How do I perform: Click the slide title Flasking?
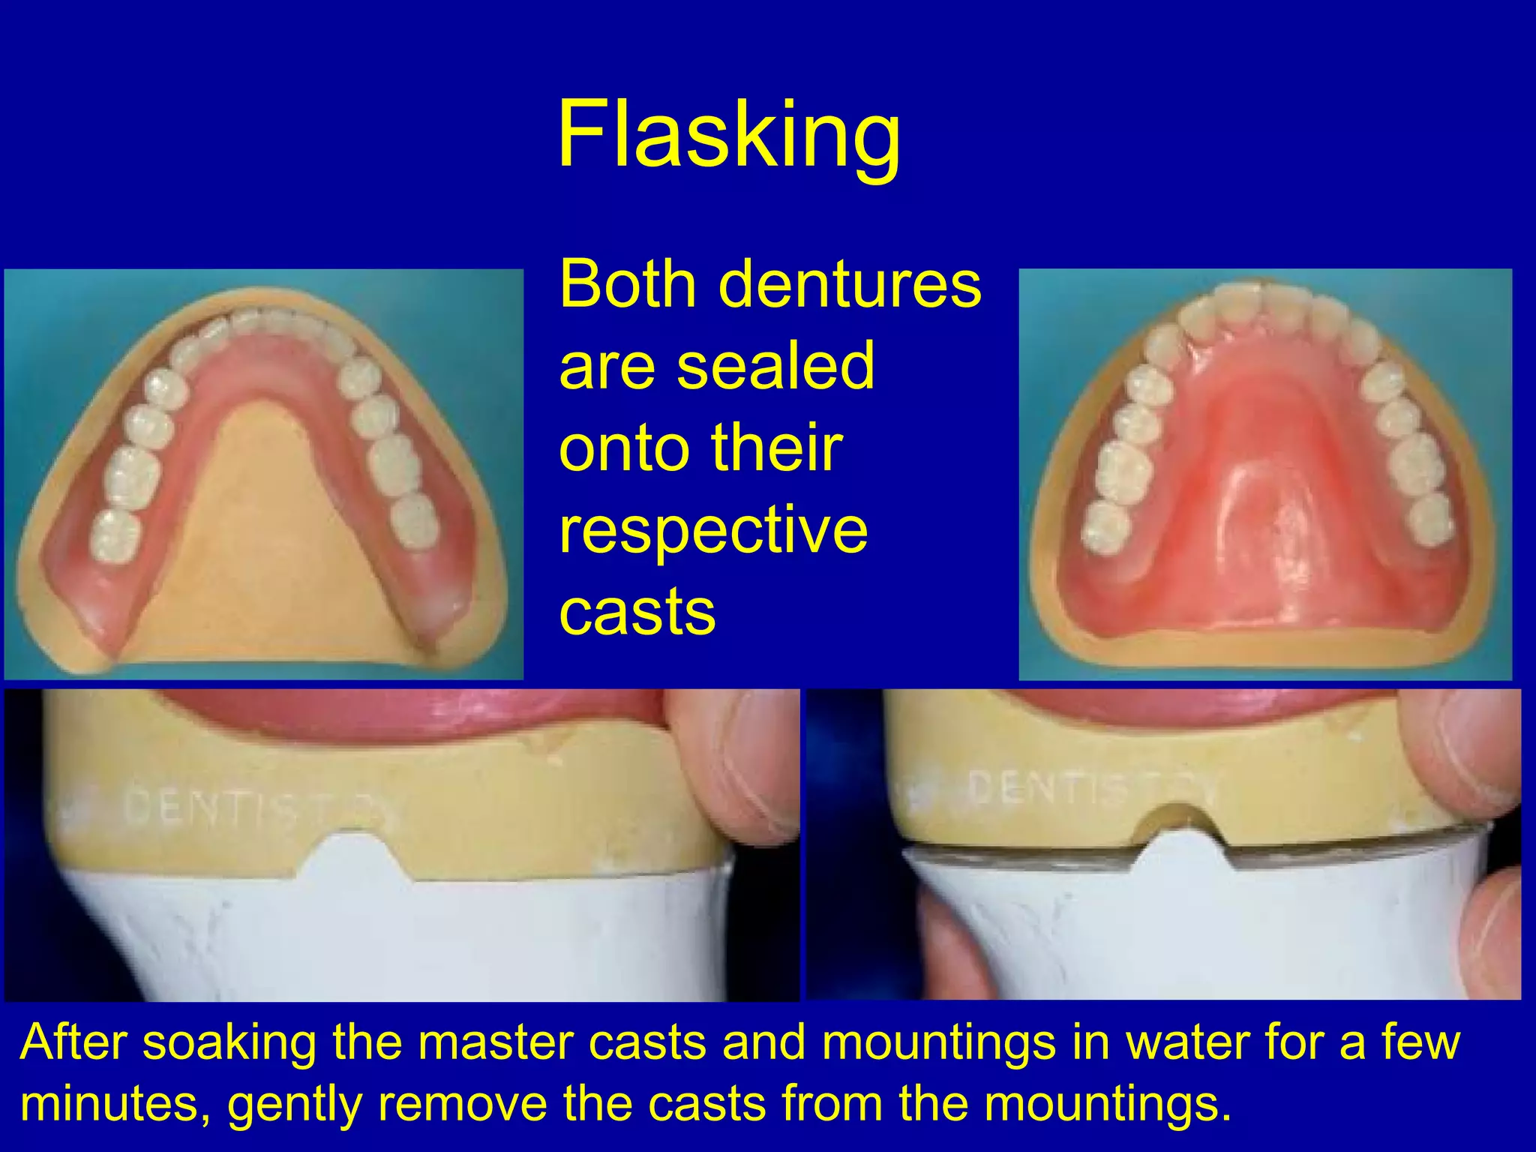coord(728,135)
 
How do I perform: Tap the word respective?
coord(713,530)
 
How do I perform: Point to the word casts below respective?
coord(637,612)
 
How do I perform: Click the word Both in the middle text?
coord(628,284)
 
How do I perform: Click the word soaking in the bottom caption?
coord(229,1042)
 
